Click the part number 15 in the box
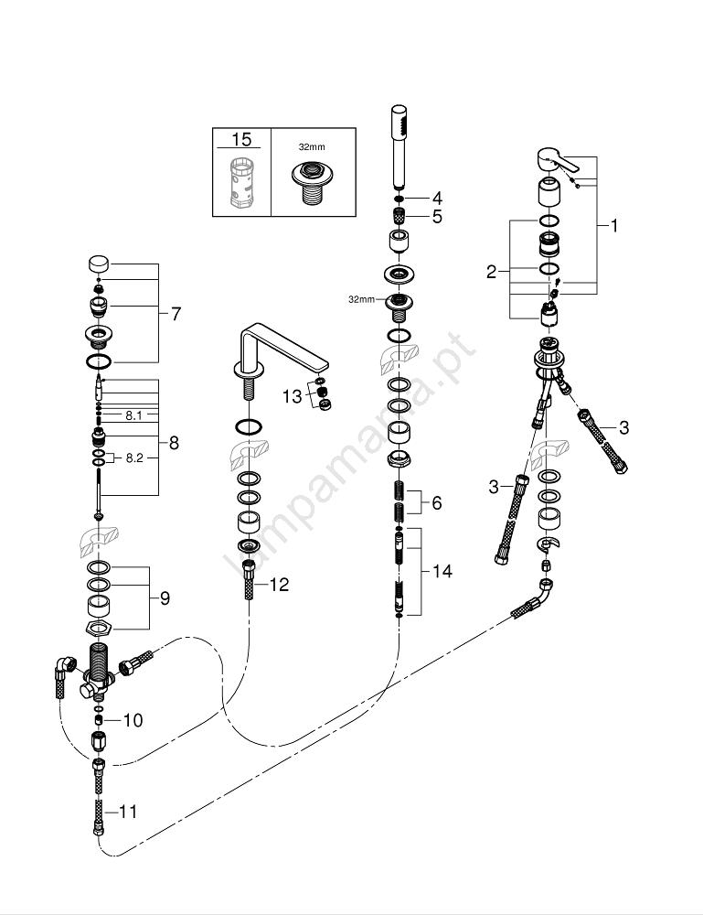click(x=241, y=140)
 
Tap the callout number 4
click(x=437, y=197)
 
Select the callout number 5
click(x=437, y=217)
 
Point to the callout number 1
click(x=613, y=225)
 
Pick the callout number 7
click(x=175, y=313)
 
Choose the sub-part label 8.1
click(x=134, y=414)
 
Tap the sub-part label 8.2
click(x=134, y=457)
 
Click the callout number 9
click(x=165, y=598)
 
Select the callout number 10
click(x=133, y=720)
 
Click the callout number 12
click(x=278, y=584)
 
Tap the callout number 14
click(x=442, y=571)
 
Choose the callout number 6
click(x=436, y=502)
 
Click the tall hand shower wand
click(x=399, y=146)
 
